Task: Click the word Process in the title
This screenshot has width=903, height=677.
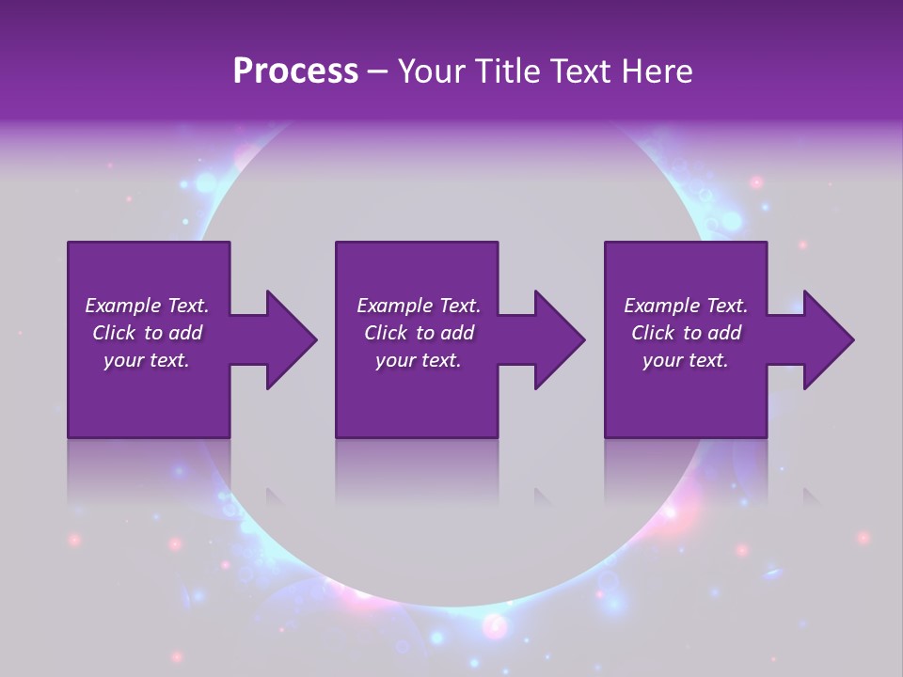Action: tap(295, 71)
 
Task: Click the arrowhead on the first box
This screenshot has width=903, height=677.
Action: tap(290, 339)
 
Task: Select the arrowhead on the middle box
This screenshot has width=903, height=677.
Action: tap(558, 339)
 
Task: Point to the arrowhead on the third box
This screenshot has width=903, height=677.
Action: tap(827, 339)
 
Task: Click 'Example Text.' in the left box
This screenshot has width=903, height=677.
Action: tap(147, 306)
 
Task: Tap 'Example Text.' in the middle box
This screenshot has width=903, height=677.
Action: tap(419, 306)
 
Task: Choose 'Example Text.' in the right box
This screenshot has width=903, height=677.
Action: tap(686, 306)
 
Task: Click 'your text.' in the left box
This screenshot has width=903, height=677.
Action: tap(147, 360)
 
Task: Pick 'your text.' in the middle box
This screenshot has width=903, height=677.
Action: tap(419, 360)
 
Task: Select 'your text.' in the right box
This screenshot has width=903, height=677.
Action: tap(686, 360)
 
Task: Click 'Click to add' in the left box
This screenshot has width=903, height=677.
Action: tap(147, 333)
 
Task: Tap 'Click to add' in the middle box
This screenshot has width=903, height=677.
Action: tap(419, 333)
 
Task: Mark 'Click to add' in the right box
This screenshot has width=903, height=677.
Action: tap(686, 333)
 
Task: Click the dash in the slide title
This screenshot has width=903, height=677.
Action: tap(378, 72)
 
